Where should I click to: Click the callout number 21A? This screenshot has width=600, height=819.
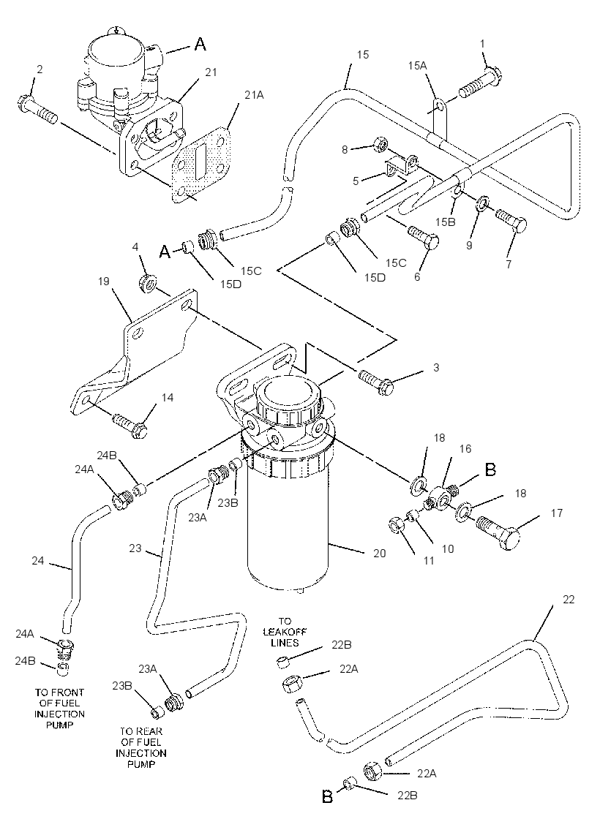pos(254,94)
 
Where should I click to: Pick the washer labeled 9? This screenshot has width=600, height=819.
pos(482,203)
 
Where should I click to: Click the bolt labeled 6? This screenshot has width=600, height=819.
pos(423,237)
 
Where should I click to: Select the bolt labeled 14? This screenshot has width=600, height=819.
pos(130,425)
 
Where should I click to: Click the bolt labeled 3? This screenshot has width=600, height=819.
pos(377,381)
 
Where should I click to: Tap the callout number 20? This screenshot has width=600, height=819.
pos(379,553)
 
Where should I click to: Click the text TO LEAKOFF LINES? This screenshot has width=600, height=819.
pos(285,632)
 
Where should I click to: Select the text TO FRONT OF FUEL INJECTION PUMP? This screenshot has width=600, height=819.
pos(59,709)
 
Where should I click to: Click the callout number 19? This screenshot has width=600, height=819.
pos(103,282)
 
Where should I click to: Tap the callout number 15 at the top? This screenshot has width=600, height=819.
pos(363,55)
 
